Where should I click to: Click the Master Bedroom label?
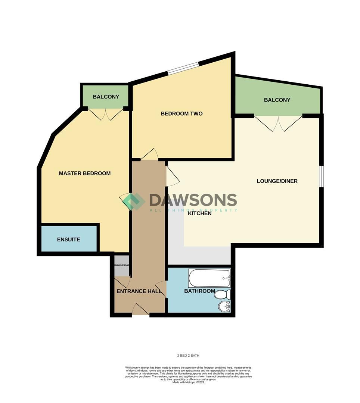(85, 173)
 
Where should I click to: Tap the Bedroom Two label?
(181, 113)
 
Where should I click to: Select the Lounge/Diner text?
(277, 181)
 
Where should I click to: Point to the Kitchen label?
(199, 213)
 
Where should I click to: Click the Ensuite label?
(68, 240)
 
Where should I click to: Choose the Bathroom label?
(199, 291)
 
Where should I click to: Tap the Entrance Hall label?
(139, 291)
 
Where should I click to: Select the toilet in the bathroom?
(222, 295)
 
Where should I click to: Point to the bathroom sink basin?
(224, 307)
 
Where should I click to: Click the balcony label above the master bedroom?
(106, 97)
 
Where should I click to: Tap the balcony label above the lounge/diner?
(277, 100)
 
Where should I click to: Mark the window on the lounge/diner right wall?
(321, 175)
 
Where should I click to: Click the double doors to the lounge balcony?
(278, 123)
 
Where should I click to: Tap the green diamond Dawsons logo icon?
(134, 201)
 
